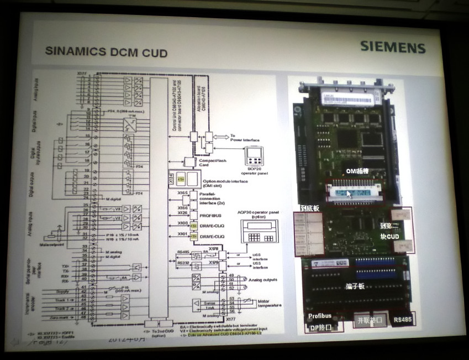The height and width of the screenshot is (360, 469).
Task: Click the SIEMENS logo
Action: click(393, 46)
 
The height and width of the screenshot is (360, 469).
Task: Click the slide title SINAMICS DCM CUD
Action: click(106, 53)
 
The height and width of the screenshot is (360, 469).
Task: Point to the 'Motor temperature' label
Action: click(270, 304)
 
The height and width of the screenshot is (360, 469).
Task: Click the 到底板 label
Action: click(310, 208)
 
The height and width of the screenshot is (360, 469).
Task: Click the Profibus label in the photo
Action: click(320, 316)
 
